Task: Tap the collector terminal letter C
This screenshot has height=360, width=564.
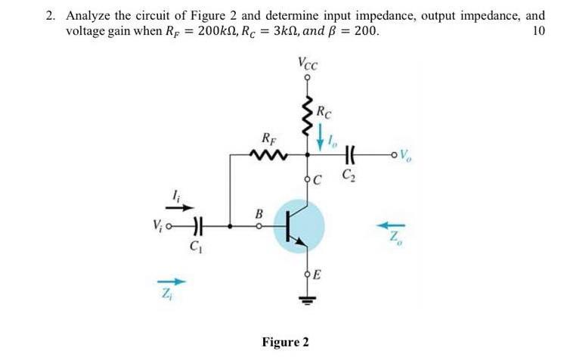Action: coord(318,179)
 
